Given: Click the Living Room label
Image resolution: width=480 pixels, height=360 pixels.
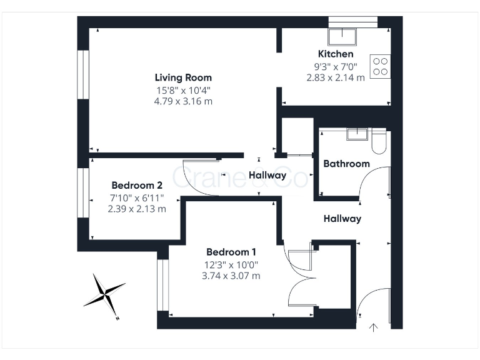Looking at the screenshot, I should pos(183,77).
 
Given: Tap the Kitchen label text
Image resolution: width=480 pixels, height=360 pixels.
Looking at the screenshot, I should pos(336,54).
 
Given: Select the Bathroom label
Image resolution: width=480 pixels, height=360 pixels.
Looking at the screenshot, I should pos(346,164).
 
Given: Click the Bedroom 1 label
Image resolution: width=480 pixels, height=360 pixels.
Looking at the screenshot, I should pos(231,252).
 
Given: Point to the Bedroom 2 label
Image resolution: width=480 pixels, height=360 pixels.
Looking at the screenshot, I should pos(137,185).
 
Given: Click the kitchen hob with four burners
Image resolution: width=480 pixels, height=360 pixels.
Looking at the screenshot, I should pos(380,66).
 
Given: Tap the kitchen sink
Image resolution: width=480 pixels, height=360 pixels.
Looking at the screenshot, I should pos(342,36).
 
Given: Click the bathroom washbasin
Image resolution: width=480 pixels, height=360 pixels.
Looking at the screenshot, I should pos(357,134).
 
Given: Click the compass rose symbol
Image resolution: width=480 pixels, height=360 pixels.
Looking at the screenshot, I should pos(104,293).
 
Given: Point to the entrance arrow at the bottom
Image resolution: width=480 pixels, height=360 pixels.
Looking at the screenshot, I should pos(374,327).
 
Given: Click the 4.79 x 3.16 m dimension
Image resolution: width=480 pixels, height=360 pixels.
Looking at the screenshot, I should pos(183,101).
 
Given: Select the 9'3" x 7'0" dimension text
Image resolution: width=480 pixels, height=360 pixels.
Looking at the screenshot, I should pos(336,66).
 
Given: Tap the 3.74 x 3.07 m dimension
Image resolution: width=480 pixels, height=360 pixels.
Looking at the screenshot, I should pos(231,276).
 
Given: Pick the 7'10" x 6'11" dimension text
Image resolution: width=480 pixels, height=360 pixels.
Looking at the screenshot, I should pos(137,197).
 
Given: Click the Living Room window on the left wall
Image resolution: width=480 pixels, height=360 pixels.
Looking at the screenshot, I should pos(81,74).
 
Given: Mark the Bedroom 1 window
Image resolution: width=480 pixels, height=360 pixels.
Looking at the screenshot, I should pos(162,284).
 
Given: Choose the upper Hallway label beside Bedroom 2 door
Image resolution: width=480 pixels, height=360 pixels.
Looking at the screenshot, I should pos(267,176).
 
